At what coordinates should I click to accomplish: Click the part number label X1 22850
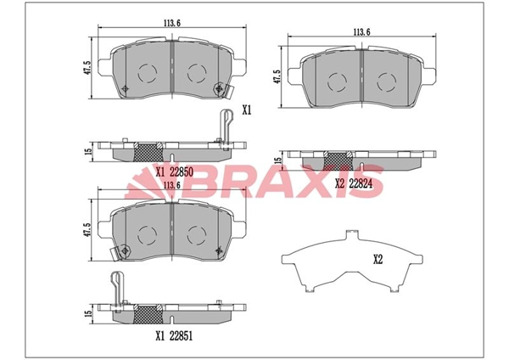[x=174, y=172]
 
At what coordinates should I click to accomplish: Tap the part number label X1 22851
[x=174, y=336]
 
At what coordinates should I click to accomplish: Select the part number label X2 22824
[x=354, y=184]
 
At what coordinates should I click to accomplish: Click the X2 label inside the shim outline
[x=378, y=259]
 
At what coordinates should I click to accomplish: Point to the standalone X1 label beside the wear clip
[x=247, y=110]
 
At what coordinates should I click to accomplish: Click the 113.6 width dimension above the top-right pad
[x=361, y=32]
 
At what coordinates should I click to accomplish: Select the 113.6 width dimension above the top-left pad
[x=171, y=23]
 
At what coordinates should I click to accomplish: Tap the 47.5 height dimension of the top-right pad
[x=277, y=76]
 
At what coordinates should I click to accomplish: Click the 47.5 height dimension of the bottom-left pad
[x=87, y=230]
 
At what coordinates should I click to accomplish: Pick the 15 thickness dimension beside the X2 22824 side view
[x=277, y=160]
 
